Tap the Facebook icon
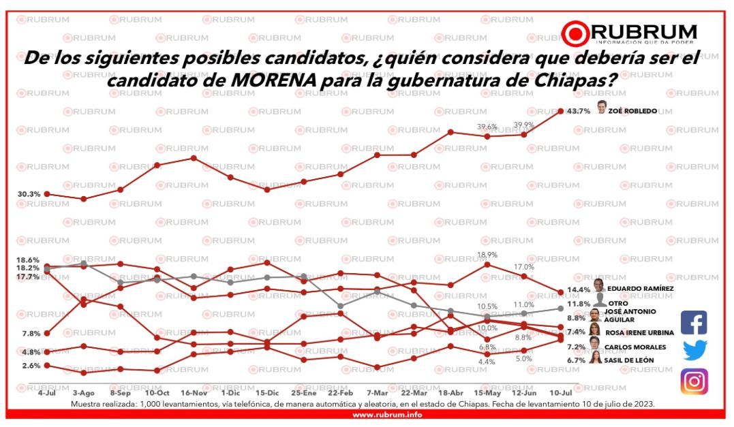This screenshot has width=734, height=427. click(694, 322)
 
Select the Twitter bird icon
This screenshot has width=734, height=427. click(694, 350)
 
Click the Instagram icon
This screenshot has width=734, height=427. click(694, 381)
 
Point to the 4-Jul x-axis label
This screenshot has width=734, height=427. click(47, 393)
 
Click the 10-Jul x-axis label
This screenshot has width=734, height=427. click(560, 393)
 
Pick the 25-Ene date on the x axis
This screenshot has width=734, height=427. click(303, 393)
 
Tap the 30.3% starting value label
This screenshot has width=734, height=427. click(29, 194)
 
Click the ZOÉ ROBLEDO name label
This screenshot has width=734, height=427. click(633, 111)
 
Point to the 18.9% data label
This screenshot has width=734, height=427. click(487, 255)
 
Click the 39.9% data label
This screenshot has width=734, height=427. click(524, 125)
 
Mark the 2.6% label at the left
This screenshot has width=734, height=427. click(30, 366)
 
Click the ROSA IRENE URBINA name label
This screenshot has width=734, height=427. click(639, 332)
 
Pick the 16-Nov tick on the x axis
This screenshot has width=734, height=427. click(194, 393)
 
